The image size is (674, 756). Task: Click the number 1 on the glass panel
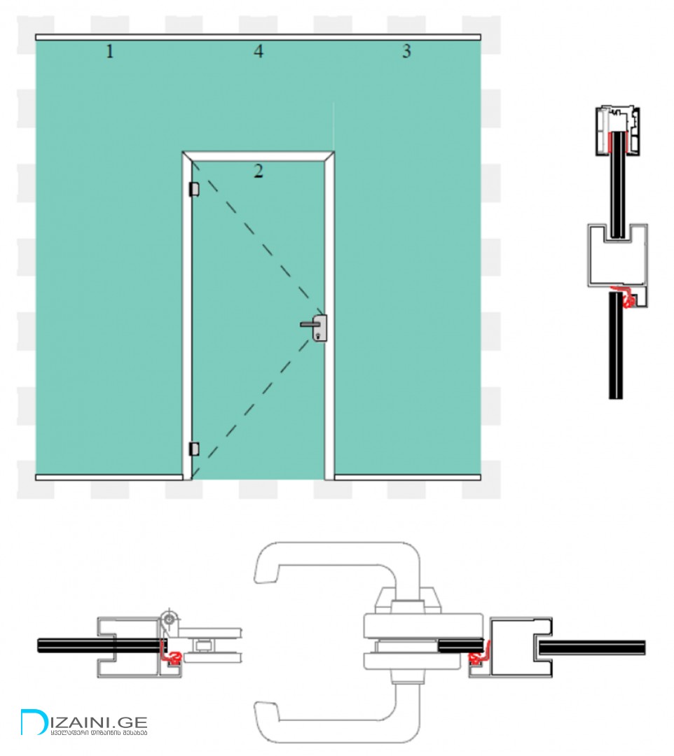click(109, 51)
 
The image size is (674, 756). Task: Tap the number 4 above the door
click(259, 51)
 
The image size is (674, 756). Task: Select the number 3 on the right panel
click(406, 51)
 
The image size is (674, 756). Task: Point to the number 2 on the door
click(259, 171)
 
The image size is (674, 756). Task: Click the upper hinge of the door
click(194, 189)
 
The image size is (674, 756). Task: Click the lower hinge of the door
click(194, 448)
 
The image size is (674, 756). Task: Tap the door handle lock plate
click(319, 328)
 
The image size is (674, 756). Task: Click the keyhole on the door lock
click(320, 337)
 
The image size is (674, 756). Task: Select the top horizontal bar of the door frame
click(258, 156)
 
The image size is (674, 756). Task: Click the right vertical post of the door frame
click(329, 315)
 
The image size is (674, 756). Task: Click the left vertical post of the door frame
click(187, 315)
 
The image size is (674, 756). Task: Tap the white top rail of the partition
click(258, 36)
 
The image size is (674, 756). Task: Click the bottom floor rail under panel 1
click(109, 477)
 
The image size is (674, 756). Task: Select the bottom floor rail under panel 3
click(406, 477)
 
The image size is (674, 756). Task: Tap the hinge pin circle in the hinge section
click(169, 619)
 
